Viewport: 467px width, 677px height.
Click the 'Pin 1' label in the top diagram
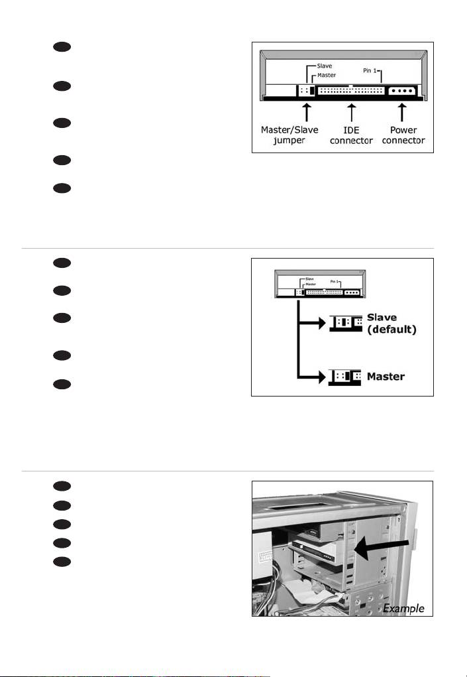coord(370,70)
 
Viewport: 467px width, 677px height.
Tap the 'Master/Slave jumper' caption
coord(289,135)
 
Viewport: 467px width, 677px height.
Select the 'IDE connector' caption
coord(352,135)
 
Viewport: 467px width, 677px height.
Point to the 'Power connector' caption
coord(403,135)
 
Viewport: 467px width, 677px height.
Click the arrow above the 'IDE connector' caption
coord(352,112)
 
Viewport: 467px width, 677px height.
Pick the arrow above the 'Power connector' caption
coord(402,112)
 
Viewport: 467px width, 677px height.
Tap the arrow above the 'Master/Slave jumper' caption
coord(307,112)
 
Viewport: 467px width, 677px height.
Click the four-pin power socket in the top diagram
coord(401,91)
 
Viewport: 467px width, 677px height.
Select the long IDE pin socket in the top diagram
coord(351,91)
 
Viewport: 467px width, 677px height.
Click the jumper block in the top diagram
coord(307,91)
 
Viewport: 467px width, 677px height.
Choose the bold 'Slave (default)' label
coord(391,324)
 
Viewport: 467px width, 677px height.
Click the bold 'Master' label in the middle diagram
coord(386,377)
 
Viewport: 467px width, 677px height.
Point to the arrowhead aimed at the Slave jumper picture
coord(322,322)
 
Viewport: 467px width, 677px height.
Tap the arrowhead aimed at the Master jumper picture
coord(322,377)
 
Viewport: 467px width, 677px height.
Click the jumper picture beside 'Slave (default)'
coord(346,323)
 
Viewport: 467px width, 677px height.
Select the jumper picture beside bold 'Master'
coord(344,377)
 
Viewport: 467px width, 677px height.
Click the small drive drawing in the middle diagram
coord(320,284)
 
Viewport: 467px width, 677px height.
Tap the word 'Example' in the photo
coord(403,608)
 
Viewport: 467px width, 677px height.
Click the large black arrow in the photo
coord(382,548)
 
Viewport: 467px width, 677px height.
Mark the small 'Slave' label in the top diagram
coord(325,66)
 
